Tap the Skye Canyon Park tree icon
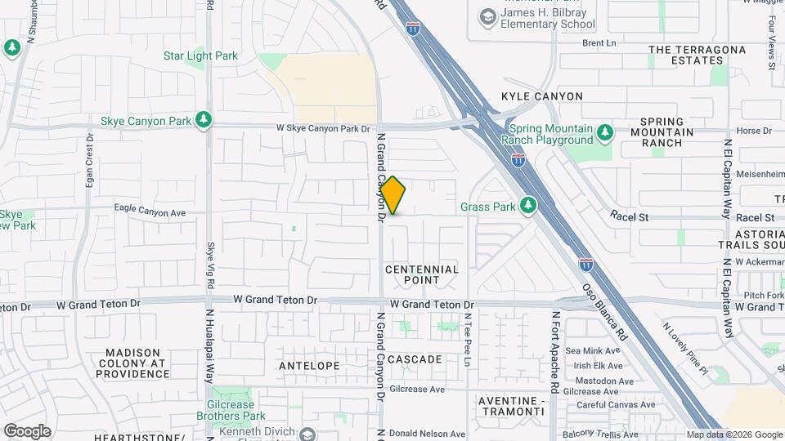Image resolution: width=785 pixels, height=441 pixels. (204, 120)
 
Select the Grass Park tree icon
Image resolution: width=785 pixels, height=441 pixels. (529, 207)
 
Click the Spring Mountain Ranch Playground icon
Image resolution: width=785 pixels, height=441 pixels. (604, 132)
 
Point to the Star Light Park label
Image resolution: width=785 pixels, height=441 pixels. (200, 56)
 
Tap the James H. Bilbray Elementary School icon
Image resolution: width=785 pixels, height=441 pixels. (488, 16)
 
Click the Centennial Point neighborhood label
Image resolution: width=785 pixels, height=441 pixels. (421, 274)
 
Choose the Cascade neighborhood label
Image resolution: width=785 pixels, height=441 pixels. (415, 359)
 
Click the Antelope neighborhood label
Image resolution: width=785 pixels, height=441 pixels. (309, 365)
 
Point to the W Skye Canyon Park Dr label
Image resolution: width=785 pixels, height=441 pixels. (323, 128)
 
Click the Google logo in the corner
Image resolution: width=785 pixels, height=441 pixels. (27, 430)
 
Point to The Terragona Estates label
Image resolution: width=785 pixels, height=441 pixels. (697, 55)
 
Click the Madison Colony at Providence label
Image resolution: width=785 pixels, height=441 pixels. (132, 363)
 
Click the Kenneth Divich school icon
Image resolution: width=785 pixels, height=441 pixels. (307, 433)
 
